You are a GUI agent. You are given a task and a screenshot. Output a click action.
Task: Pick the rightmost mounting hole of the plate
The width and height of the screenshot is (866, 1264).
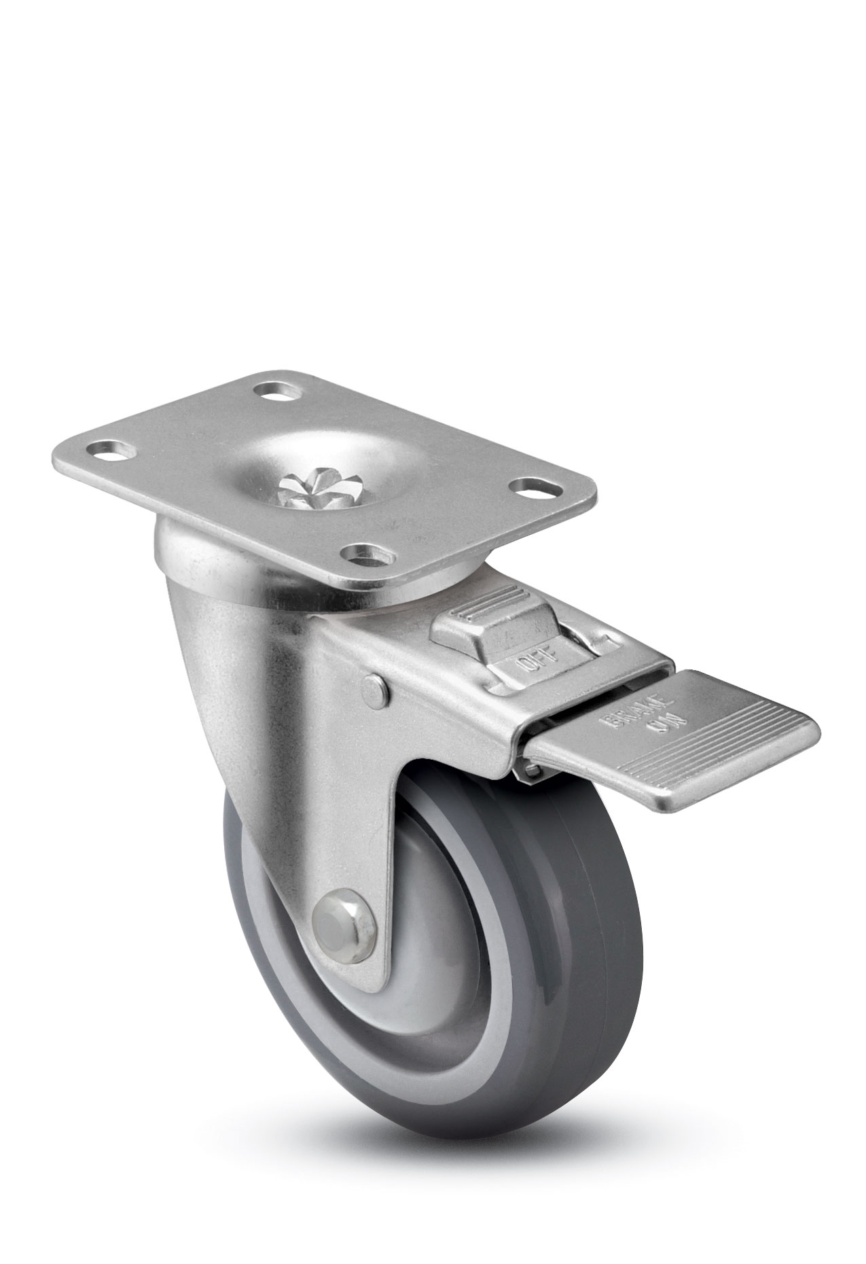click(536, 487)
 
